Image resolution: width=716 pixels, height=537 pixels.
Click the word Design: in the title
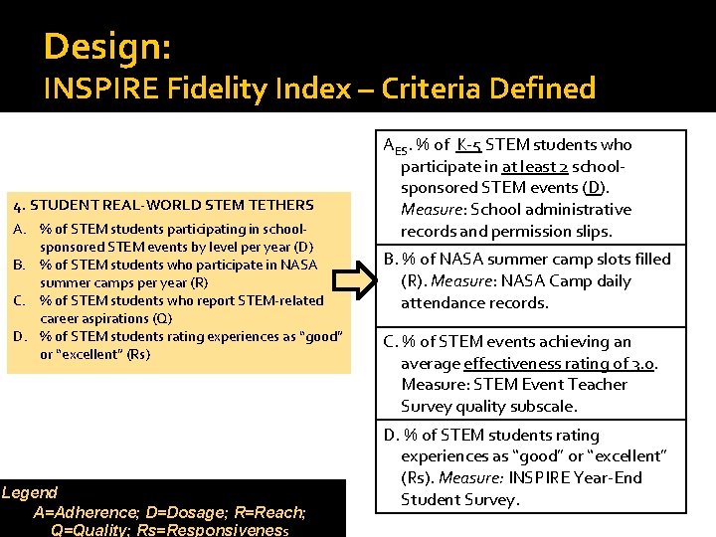pyautogui.click(x=107, y=46)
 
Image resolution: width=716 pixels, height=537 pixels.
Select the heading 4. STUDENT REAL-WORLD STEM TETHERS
pyautogui.click(x=162, y=206)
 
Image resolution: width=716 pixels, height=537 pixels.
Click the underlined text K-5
pyautogui.click(x=476, y=145)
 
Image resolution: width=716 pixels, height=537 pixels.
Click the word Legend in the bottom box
pyautogui.click(x=30, y=492)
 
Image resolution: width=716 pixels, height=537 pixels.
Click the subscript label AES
pyautogui.click(x=395, y=147)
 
